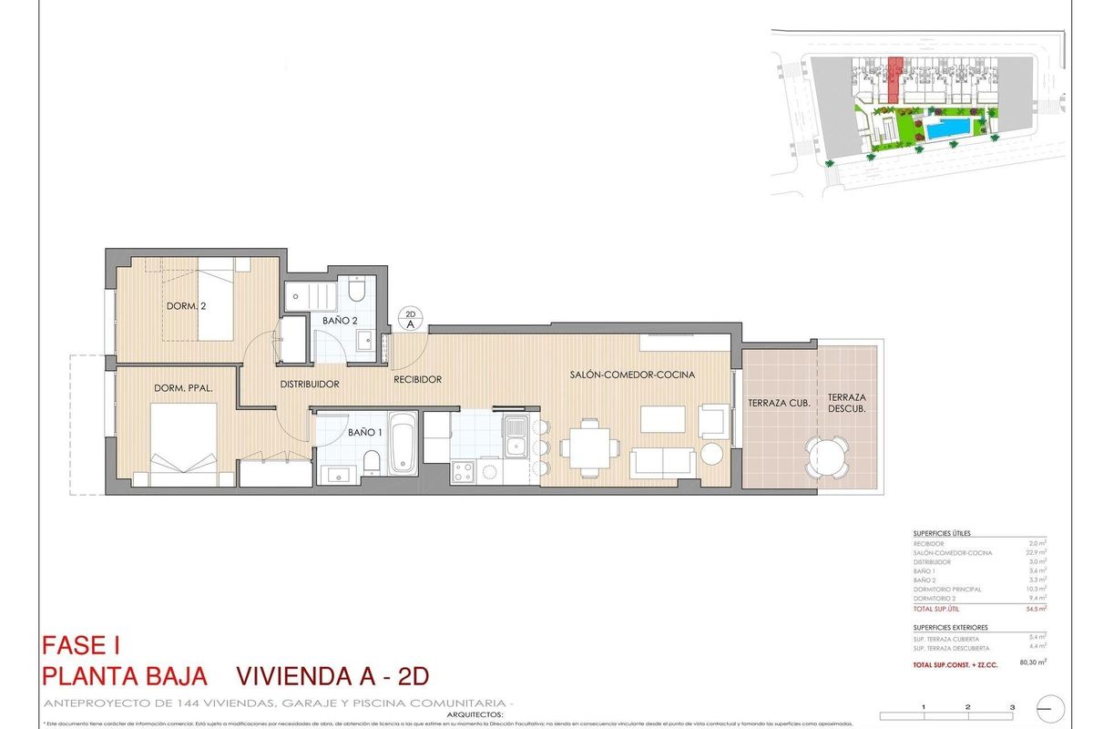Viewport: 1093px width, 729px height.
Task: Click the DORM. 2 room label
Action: click(x=186, y=306)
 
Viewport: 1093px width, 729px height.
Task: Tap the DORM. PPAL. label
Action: click(x=183, y=388)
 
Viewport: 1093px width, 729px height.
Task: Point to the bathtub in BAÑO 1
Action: click(x=403, y=443)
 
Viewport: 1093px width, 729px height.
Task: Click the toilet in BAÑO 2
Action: click(x=356, y=291)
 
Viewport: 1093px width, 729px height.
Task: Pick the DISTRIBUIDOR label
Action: click(x=310, y=385)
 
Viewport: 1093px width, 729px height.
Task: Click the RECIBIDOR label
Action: click(x=417, y=379)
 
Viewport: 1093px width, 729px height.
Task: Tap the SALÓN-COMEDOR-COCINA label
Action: click(x=633, y=375)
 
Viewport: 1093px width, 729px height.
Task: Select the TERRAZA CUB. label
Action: click(x=774, y=403)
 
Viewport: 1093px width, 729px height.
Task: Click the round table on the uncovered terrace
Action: click(x=826, y=455)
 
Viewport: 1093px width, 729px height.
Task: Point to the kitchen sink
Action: click(x=516, y=436)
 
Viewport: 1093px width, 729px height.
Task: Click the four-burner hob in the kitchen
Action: click(x=464, y=471)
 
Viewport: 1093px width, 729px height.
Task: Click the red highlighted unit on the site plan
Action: click(x=895, y=78)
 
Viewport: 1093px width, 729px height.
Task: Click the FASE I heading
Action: click(x=81, y=646)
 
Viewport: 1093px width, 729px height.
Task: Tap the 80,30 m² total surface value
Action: click(x=1029, y=662)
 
